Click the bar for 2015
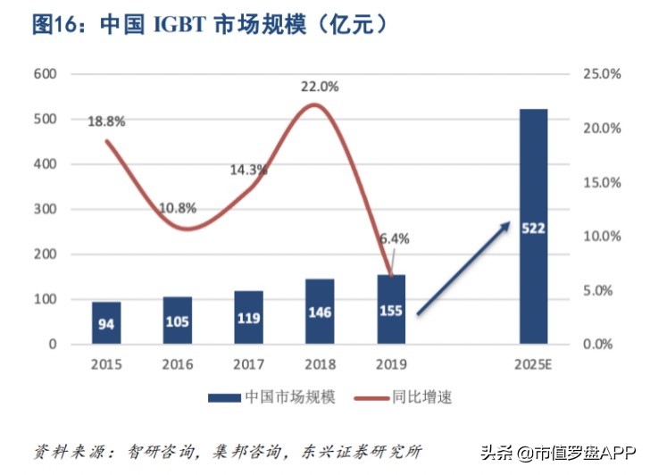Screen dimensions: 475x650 point(106,322)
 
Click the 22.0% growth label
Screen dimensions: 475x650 point(319,87)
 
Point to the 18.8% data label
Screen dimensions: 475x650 point(106,121)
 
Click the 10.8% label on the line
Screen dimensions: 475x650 point(178,208)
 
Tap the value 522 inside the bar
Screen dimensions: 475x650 point(533,229)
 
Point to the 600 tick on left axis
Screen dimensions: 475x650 point(45,74)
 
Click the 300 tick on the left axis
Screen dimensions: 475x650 point(45,209)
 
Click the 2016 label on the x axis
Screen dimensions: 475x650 point(178,364)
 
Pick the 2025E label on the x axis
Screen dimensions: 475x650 point(533,364)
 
